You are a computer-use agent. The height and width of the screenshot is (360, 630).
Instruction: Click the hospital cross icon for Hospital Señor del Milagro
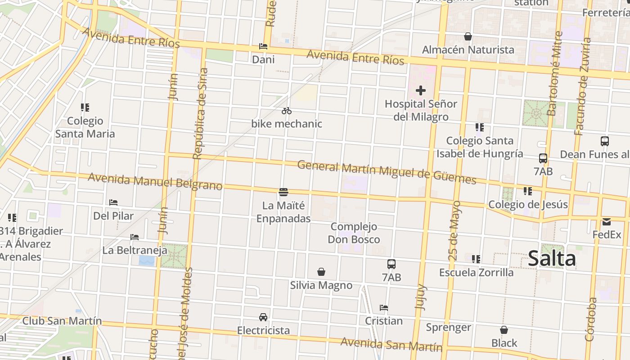(420, 90)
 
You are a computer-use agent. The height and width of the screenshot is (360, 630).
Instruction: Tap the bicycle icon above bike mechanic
(287, 111)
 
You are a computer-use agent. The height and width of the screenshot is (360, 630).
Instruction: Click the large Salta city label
(552, 259)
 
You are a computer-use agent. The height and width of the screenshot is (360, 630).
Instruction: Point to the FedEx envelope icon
(606, 222)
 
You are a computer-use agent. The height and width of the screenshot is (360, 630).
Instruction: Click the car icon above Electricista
(263, 317)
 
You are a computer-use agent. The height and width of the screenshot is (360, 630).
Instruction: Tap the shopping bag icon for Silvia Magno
(321, 272)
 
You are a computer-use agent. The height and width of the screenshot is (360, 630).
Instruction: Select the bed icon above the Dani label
(263, 46)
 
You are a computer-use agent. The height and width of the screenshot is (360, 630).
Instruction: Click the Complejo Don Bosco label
(354, 233)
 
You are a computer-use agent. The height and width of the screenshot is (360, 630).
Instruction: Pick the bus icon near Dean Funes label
(604, 141)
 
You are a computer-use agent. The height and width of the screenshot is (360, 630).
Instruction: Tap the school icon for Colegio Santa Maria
(85, 108)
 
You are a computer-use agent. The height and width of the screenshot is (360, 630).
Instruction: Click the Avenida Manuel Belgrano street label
(155, 181)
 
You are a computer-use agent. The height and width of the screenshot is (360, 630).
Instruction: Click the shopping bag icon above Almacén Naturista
(468, 36)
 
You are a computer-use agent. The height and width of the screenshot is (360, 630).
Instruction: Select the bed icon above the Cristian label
(384, 308)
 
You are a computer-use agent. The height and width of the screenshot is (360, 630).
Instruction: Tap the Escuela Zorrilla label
(476, 272)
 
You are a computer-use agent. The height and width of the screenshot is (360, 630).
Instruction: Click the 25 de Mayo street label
(455, 231)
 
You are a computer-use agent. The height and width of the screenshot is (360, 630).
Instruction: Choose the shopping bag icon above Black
(504, 330)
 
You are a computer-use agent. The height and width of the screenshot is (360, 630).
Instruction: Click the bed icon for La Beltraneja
(135, 237)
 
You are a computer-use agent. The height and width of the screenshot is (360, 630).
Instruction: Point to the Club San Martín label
(62, 321)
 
